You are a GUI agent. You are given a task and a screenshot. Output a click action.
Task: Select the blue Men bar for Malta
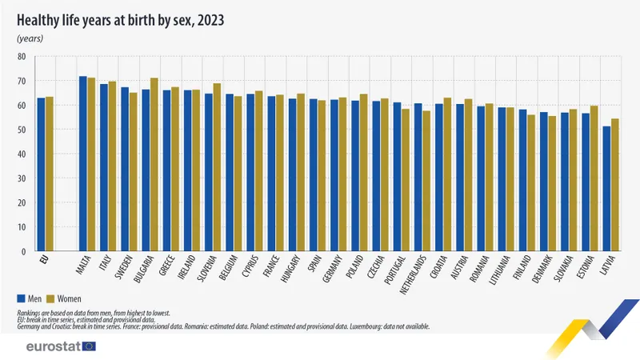tap(82, 164)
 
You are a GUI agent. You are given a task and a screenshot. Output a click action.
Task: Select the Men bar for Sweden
tap(124, 170)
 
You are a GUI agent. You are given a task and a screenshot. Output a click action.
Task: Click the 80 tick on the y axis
tap(22, 57)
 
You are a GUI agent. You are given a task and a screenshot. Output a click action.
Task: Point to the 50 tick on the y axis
tap(22, 130)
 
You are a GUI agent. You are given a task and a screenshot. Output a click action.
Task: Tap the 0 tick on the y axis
tap(24, 251)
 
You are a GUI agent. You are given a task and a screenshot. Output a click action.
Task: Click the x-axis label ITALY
tap(105, 267)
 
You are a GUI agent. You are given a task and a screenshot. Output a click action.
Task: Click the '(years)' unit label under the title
tap(30, 38)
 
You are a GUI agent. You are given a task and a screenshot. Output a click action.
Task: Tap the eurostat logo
tap(60, 346)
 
